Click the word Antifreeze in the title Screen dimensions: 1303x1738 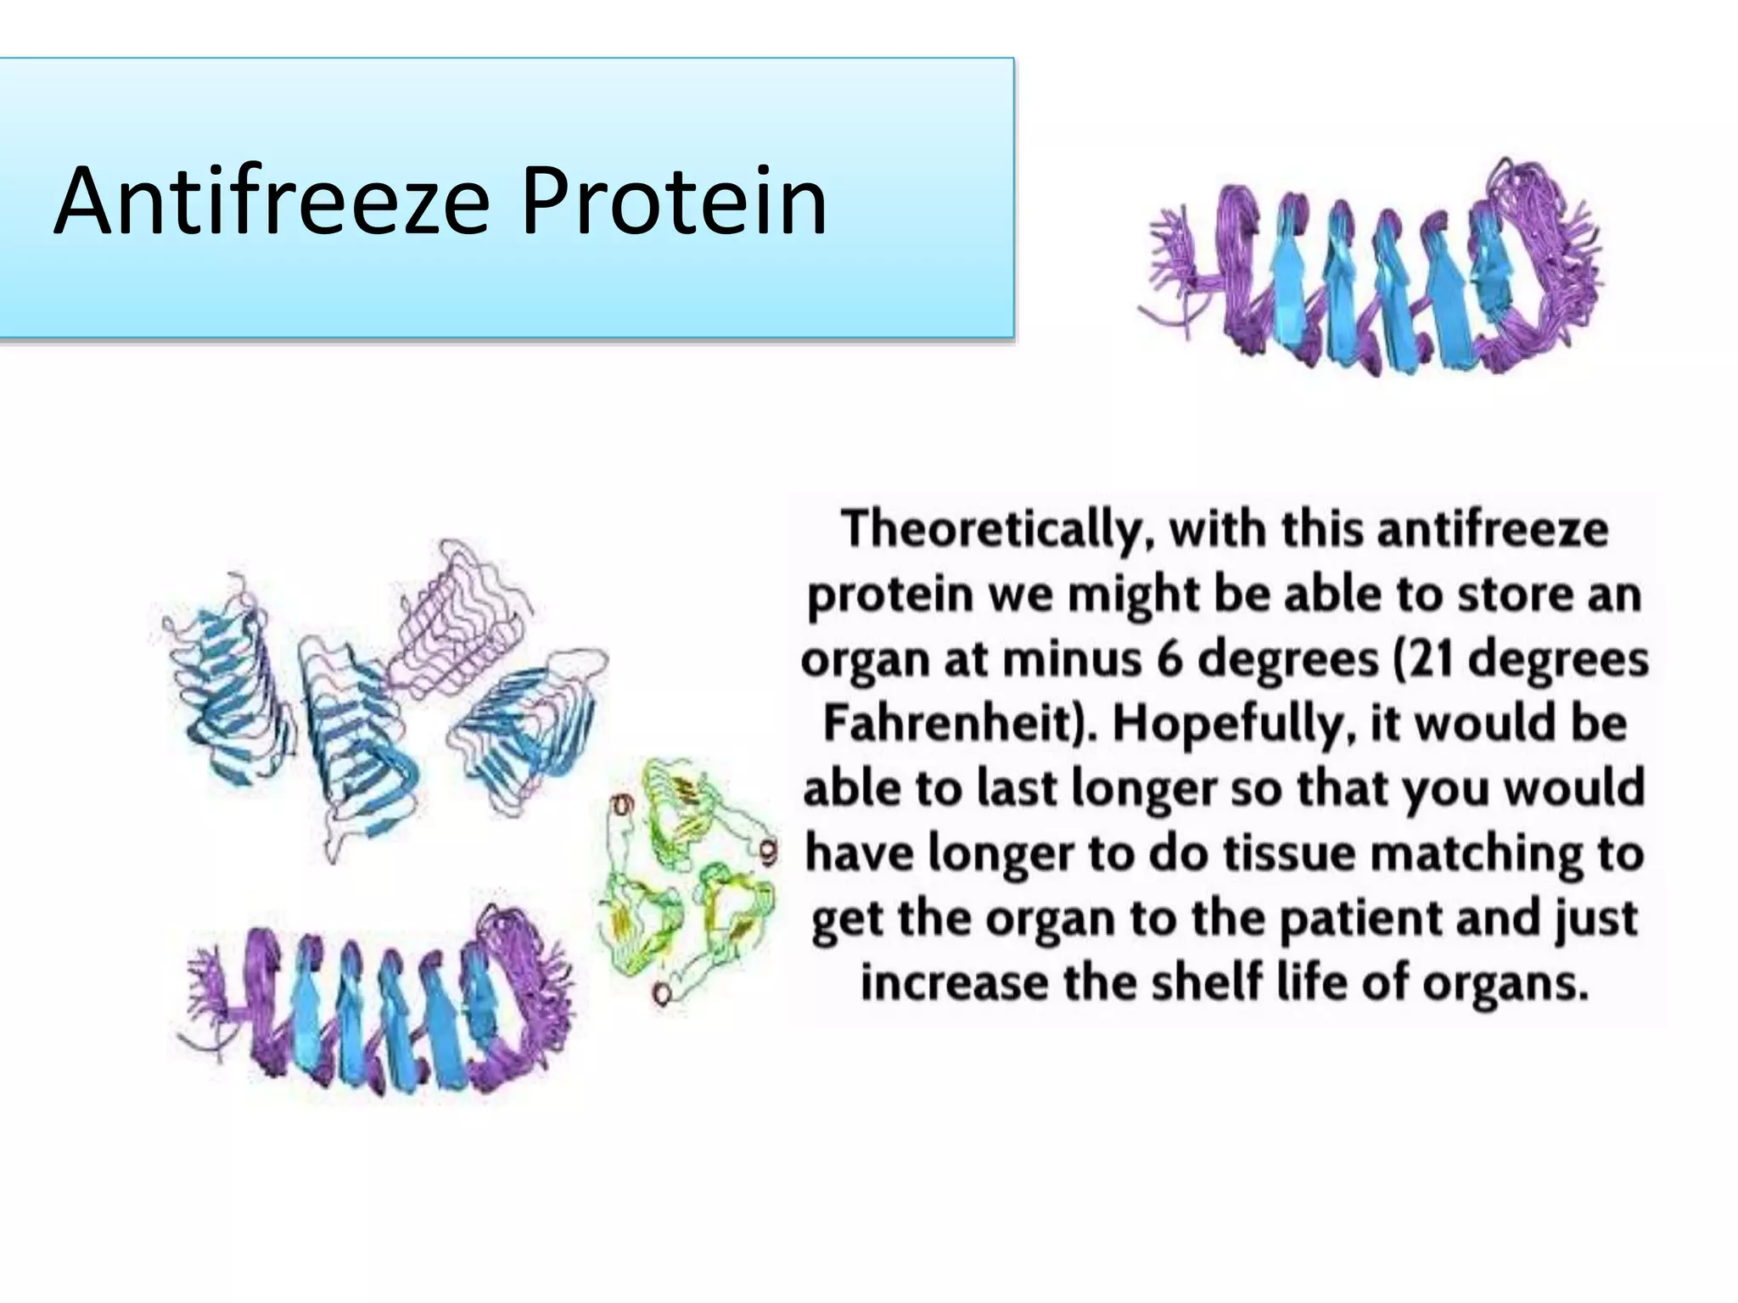click(x=272, y=202)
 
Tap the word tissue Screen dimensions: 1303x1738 click(x=1290, y=853)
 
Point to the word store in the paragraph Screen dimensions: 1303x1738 click(x=1507, y=595)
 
